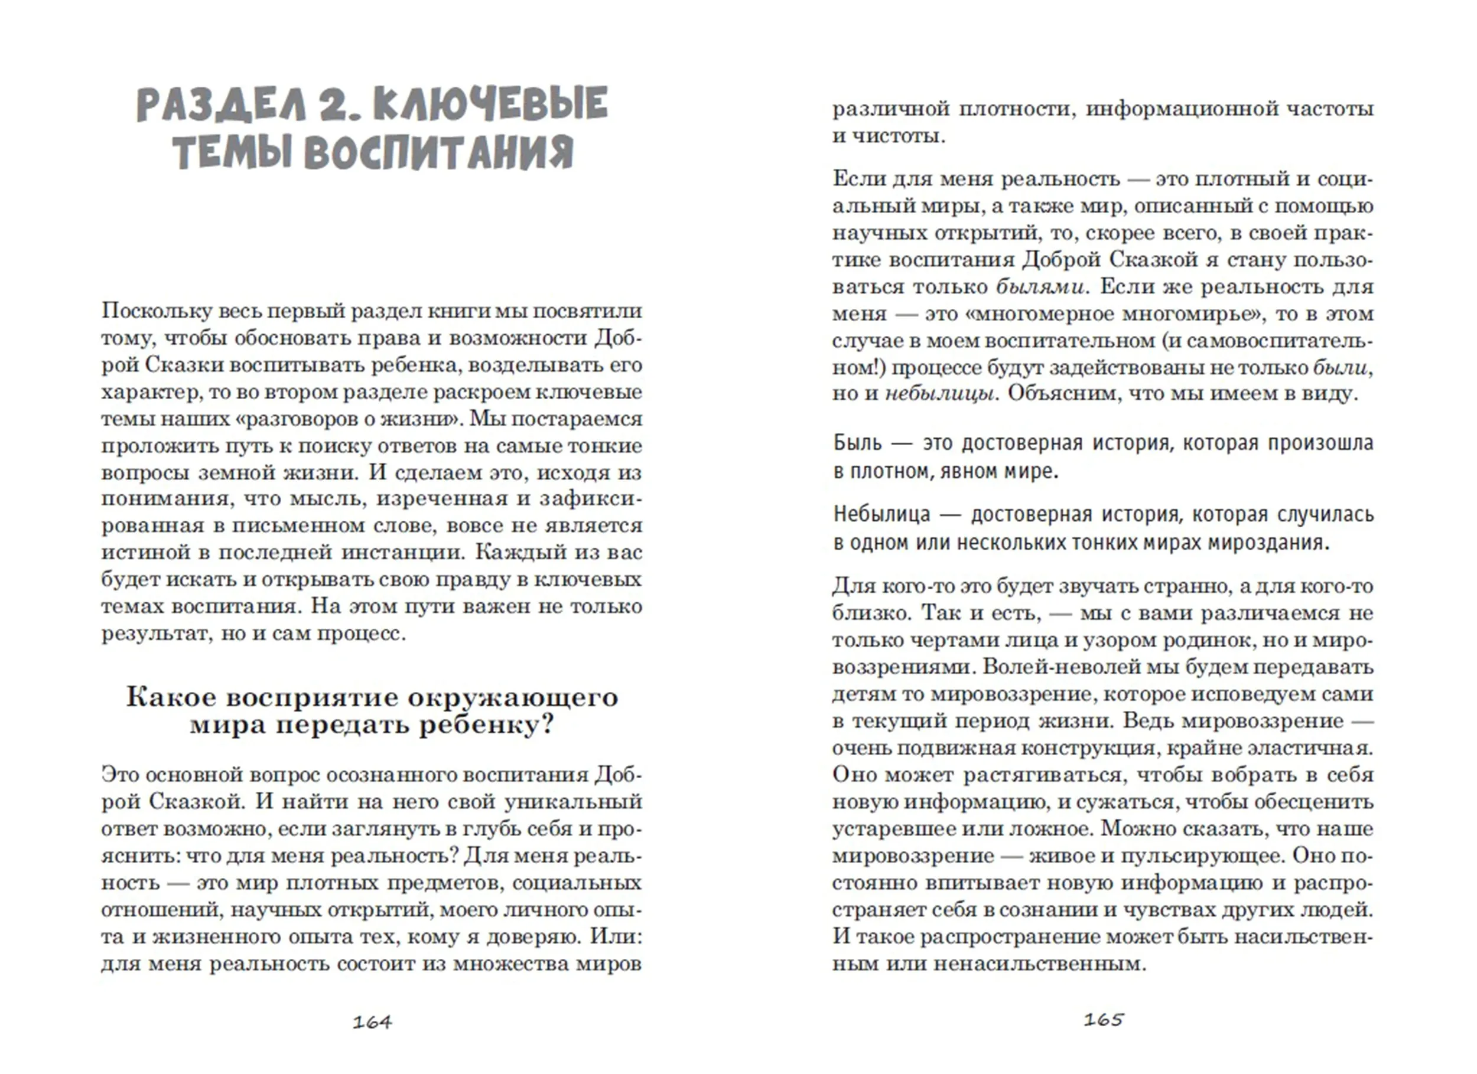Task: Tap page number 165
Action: pos(1103,1019)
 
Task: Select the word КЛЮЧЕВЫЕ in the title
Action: pos(492,104)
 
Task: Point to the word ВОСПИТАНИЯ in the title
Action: pos(438,153)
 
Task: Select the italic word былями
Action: pos(1040,287)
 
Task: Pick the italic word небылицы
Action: pos(940,394)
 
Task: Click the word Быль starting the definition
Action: pos(858,443)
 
